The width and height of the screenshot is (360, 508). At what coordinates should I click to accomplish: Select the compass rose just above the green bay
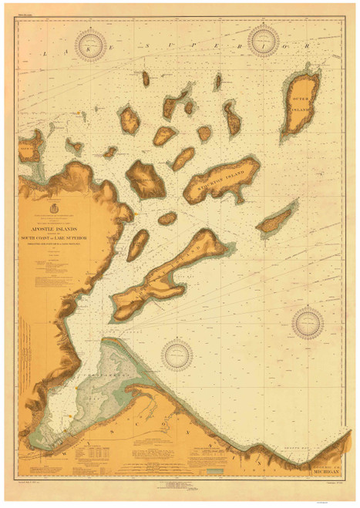click(x=180, y=354)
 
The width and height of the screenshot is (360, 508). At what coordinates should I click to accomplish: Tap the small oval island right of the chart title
click(x=137, y=245)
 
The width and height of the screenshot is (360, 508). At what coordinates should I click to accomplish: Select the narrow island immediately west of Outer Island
click(x=231, y=117)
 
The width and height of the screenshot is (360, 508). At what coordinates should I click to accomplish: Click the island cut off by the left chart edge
click(x=31, y=145)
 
